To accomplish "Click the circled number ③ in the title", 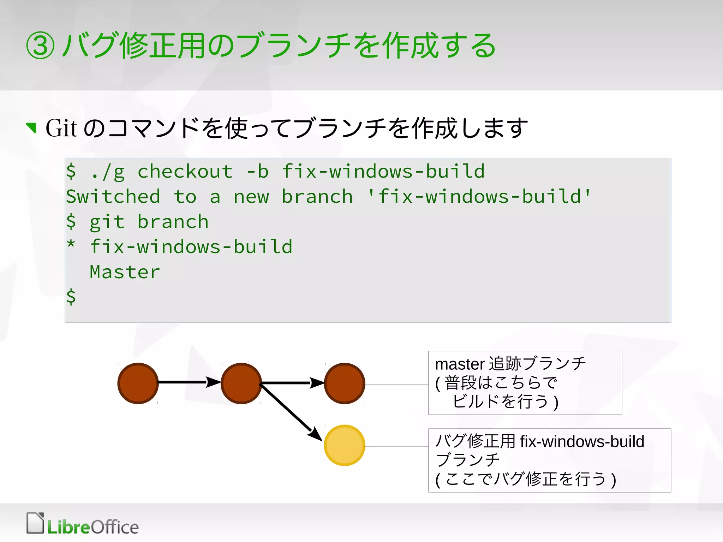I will click(40, 46).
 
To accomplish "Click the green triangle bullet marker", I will click(32, 127).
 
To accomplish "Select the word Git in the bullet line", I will click(61, 128).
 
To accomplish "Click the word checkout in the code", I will click(185, 172).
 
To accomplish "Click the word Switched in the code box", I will click(113, 197).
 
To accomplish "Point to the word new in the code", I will click(251, 197).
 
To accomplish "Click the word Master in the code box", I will click(125, 272).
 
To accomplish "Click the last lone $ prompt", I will click(71, 297).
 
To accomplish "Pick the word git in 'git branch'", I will click(107, 222).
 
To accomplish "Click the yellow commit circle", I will click(344, 445).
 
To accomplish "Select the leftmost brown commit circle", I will click(138, 383).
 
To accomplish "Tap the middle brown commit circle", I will click(241, 383).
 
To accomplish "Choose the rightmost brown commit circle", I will click(344, 383).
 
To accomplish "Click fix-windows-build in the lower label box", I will click(582, 442).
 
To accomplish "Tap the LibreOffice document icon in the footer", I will click(35, 523).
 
